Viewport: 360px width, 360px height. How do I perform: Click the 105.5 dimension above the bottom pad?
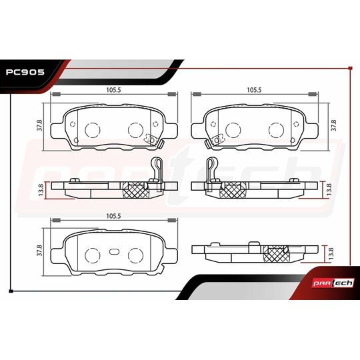[x=112, y=217]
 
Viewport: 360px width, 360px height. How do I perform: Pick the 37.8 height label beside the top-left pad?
[x=40, y=125]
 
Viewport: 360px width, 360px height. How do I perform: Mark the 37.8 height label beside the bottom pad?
[x=40, y=251]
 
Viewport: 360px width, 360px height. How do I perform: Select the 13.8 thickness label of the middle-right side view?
[x=328, y=189]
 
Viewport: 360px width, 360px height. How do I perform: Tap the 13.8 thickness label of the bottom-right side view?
[x=328, y=253]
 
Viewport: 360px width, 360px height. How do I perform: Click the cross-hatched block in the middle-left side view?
[x=136, y=189]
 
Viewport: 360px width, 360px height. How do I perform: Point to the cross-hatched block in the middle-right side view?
[x=231, y=189]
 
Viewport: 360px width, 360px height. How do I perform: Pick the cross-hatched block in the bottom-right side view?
[x=275, y=253]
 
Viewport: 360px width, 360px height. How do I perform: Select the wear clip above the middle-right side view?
[x=212, y=170]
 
